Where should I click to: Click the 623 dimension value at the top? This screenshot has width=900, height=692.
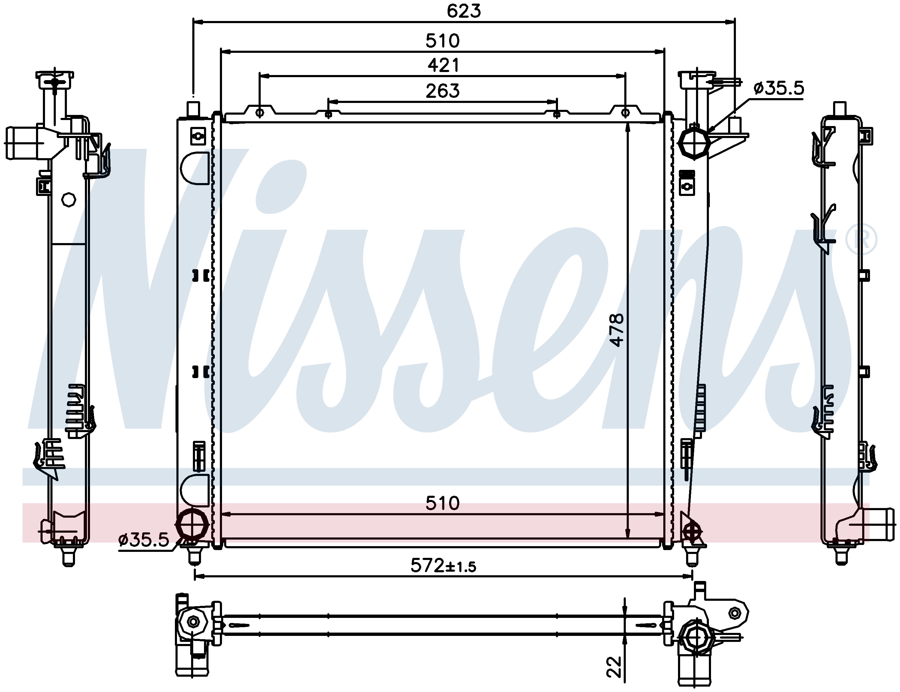[x=464, y=11]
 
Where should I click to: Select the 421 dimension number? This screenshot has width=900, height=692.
[x=443, y=65]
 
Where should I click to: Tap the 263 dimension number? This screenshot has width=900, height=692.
[x=442, y=91]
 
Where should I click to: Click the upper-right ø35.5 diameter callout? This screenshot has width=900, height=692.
[x=778, y=88]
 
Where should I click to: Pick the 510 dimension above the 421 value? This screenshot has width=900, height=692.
[x=442, y=41]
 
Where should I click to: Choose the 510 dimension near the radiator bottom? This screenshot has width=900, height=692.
[x=442, y=503]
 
